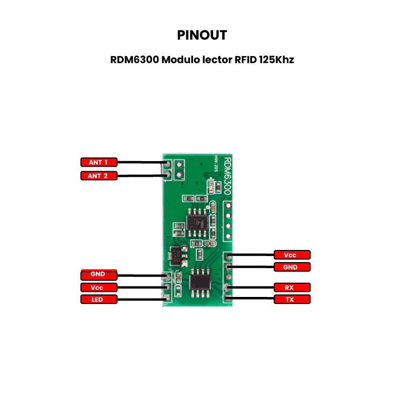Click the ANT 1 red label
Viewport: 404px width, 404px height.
[98, 162]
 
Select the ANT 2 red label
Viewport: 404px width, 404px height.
[98, 176]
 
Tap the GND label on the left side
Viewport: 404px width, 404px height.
[98, 275]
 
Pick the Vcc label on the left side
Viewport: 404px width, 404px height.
[98, 287]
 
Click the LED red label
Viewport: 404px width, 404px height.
[98, 299]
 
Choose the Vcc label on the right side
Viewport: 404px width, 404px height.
[291, 255]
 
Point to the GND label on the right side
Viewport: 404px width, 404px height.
[291, 267]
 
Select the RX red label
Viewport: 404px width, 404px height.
[291, 287]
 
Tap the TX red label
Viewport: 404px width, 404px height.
[291, 299]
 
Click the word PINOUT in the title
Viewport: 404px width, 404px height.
[202, 35]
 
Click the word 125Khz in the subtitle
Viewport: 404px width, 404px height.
[276, 60]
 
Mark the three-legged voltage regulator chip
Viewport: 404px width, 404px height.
[176, 255]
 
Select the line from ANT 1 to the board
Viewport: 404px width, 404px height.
[141, 163]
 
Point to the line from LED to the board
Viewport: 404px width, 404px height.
[141, 299]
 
